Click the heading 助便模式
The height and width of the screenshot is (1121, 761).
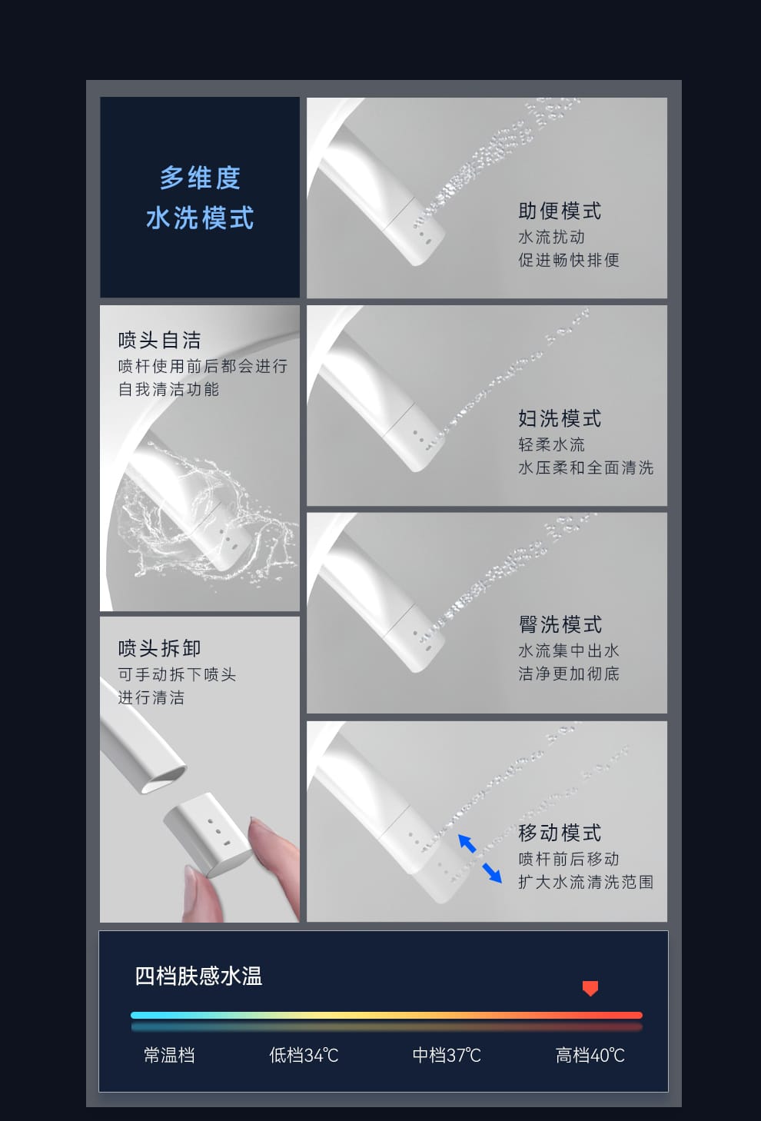(560, 211)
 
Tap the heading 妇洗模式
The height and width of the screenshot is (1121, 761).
(560, 418)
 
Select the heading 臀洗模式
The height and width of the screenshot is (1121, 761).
(560, 624)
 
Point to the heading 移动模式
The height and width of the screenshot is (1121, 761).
(560, 833)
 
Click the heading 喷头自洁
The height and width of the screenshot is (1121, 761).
(160, 341)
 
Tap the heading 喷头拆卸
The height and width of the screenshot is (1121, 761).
(160, 648)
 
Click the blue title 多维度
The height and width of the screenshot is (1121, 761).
(200, 178)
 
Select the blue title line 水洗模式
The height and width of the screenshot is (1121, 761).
(200, 218)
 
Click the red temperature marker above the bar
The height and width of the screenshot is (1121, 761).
(590, 988)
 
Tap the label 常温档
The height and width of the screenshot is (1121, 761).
(169, 1055)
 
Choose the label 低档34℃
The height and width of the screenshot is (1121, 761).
(304, 1055)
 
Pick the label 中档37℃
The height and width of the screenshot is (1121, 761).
(447, 1055)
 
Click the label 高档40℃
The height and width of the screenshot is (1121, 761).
(590, 1055)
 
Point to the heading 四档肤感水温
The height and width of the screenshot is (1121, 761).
(198, 976)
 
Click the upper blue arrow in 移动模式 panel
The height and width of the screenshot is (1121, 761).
(467, 843)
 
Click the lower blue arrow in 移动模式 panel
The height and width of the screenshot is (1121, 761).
(492, 873)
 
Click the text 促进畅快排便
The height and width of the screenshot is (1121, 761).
(568, 260)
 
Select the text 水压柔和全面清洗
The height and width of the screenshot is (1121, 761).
(586, 467)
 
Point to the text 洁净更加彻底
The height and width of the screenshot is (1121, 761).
(568, 674)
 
